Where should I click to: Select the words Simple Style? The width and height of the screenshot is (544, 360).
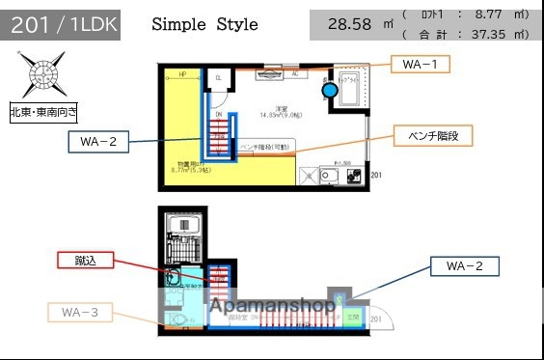point(204,25)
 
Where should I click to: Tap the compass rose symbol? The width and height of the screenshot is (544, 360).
point(41,75)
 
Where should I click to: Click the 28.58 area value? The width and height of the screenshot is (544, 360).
point(349,25)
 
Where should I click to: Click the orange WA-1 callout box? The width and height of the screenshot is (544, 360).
point(421,65)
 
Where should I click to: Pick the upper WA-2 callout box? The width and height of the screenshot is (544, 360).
point(98,143)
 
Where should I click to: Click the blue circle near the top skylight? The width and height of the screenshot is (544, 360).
point(330,90)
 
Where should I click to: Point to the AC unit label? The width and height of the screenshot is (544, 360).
point(293,73)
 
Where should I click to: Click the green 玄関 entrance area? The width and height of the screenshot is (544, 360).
point(353,317)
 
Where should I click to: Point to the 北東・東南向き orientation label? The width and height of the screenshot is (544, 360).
point(44,112)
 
